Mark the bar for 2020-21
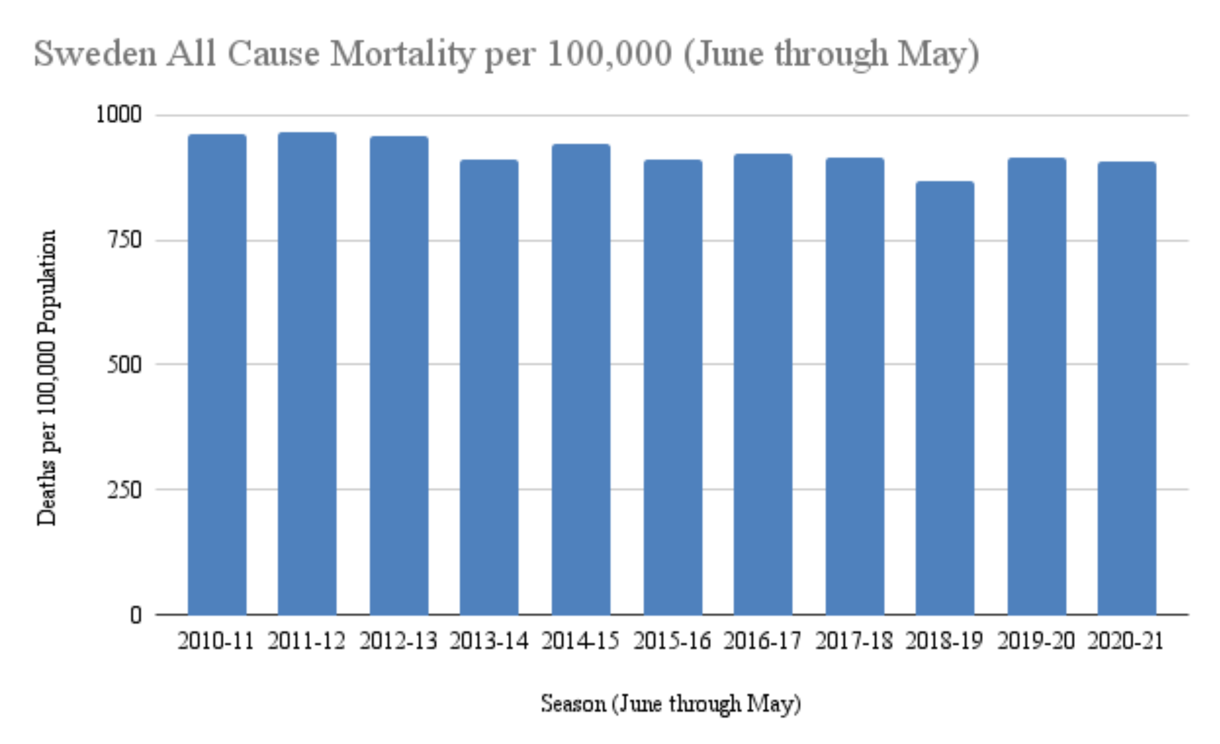click(x=1127, y=388)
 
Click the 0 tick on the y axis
click(x=136, y=615)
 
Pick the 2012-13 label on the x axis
click(x=399, y=641)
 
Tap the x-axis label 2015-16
click(x=672, y=641)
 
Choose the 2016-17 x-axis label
click(x=762, y=641)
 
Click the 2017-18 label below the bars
click(x=854, y=641)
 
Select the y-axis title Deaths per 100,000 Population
click(x=47, y=377)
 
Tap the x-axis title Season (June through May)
click(x=671, y=703)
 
